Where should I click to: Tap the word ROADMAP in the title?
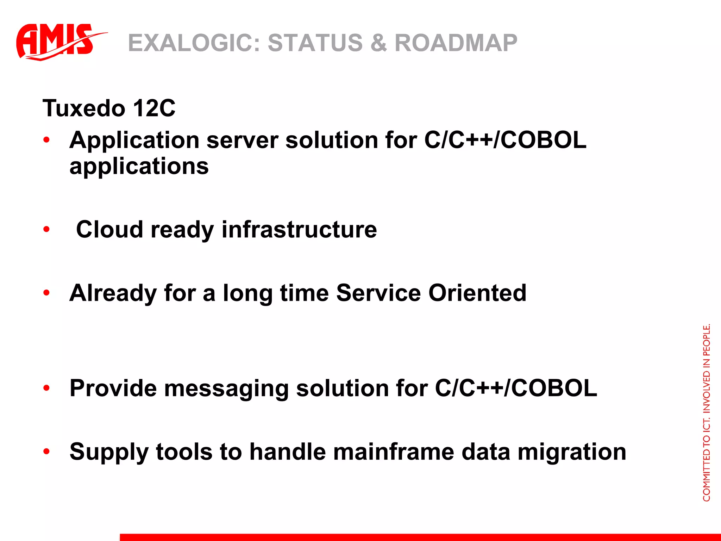(x=456, y=43)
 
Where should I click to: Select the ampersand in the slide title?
(x=378, y=43)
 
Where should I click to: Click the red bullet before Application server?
(x=46, y=140)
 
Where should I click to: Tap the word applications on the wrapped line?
(x=139, y=167)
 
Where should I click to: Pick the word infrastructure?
(x=299, y=230)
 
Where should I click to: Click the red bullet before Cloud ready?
(x=46, y=230)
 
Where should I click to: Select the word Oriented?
(x=477, y=293)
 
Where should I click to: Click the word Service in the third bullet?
(x=378, y=293)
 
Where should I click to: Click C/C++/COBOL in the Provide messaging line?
(x=516, y=388)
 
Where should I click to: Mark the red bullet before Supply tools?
(x=46, y=452)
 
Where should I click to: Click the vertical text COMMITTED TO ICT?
(x=706, y=458)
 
